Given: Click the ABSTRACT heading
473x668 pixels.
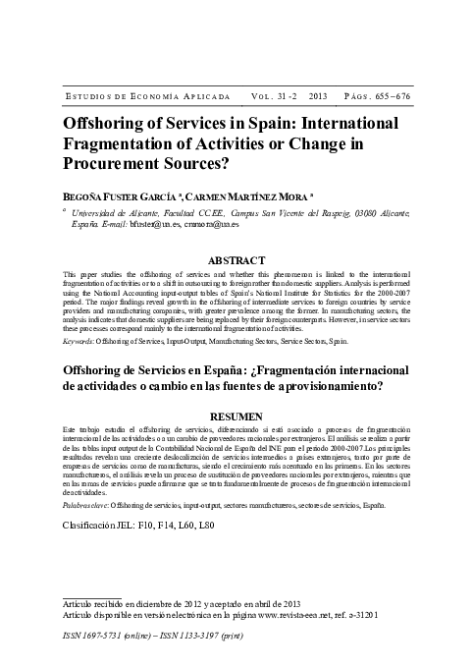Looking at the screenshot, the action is coord(236,233).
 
